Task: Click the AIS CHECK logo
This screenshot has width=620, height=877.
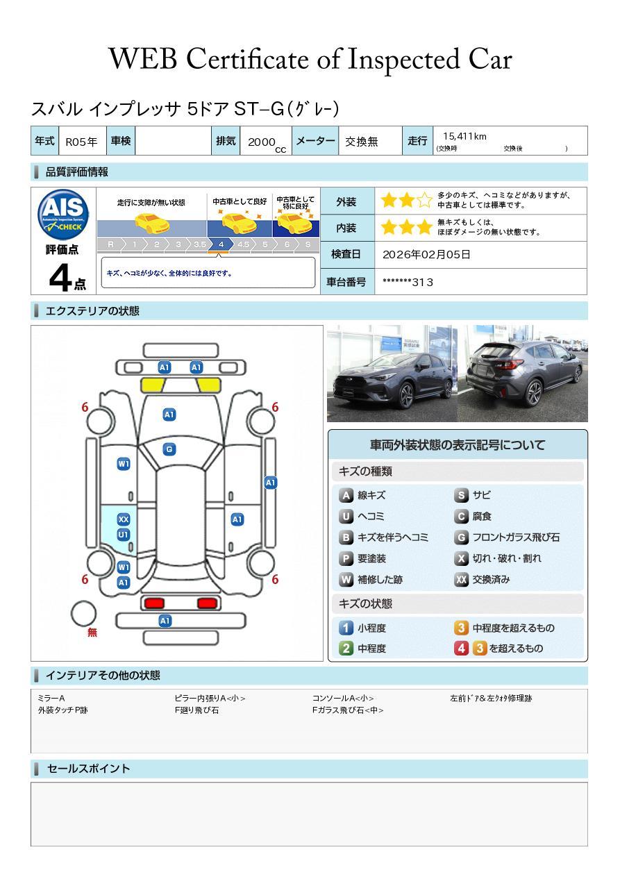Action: [x=63, y=214]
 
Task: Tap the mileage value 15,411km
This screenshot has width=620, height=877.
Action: [x=464, y=136]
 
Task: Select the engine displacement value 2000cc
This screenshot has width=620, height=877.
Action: [x=267, y=143]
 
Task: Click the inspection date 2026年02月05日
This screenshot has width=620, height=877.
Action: [x=426, y=254]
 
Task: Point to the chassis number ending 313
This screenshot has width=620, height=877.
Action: [x=408, y=283]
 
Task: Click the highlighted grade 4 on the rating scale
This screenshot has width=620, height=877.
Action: [x=221, y=244]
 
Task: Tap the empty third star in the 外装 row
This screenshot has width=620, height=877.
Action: [x=424, y=201]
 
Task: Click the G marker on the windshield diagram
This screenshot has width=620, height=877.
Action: [x=169, y=449]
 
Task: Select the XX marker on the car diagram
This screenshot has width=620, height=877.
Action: [x=124, y=519]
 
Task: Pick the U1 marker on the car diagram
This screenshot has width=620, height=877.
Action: [x=124, y=535]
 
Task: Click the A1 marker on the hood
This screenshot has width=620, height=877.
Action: [x=169, y=415]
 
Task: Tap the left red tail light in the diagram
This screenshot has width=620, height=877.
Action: [x=154, y=603]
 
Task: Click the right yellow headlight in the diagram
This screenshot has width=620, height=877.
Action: [x=209, y=385]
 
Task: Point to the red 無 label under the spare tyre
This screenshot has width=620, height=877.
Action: [x=92, y=632]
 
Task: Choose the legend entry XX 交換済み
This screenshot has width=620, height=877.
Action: [x=482, y=579]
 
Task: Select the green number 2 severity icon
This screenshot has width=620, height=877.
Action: [x=346, y=649]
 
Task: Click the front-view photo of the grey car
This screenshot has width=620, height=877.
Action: [x=392, y=374]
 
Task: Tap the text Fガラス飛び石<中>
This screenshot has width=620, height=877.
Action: [x=348, y=710]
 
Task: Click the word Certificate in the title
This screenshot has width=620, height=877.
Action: [x=247, y=59]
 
